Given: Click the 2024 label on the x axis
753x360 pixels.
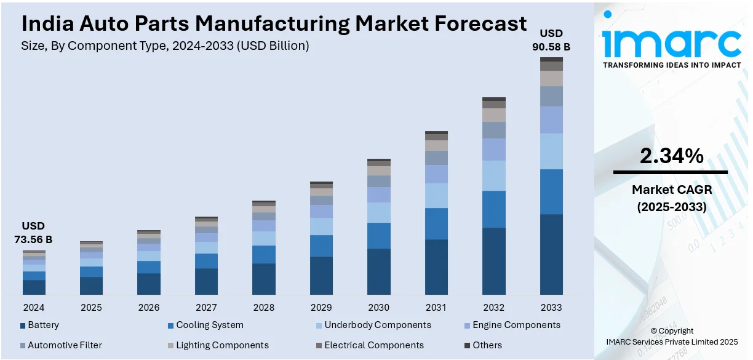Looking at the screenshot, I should [34, 307].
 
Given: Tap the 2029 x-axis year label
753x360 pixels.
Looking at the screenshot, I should [321, 307].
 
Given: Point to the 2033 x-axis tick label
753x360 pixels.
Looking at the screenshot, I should [551, 307].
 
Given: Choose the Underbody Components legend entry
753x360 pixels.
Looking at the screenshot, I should [377, 325].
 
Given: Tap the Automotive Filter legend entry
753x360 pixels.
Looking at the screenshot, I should [65, 345].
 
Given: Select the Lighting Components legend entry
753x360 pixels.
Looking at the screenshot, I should [222, 345].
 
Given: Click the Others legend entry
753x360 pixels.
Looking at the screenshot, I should [487, 345].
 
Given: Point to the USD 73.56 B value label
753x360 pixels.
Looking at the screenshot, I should [33, 233].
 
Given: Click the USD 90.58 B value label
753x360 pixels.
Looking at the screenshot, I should [551, 39].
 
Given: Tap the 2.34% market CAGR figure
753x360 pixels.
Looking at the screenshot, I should [671, 157].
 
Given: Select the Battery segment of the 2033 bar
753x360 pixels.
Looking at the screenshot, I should [551, 254].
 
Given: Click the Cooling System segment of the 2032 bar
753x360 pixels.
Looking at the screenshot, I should [494, 209].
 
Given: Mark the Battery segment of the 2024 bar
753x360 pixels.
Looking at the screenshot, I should [34, 287].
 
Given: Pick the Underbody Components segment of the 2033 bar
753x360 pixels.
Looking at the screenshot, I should [551, 151].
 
